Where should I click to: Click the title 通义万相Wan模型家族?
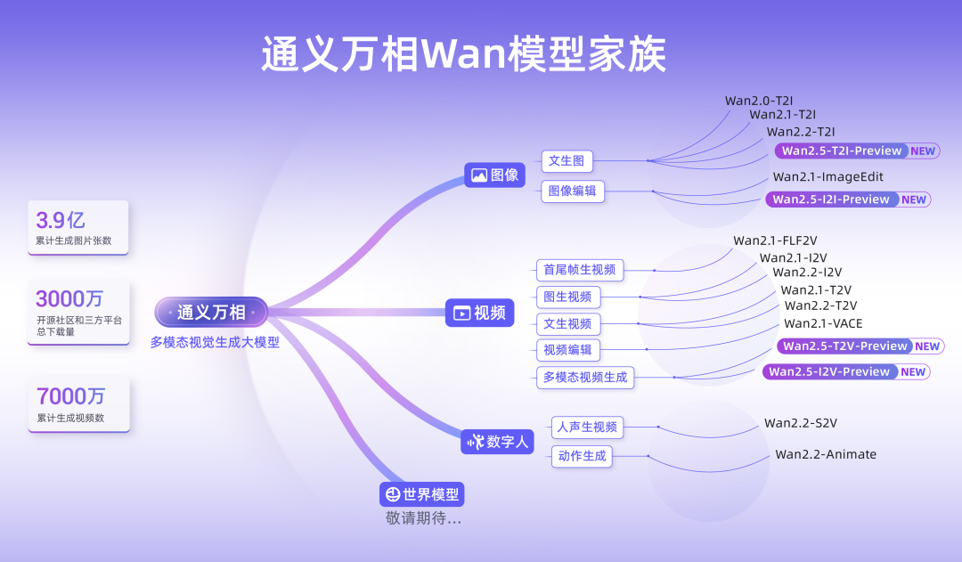463,55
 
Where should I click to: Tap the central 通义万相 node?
210,312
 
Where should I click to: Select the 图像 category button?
494,175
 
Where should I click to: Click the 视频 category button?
479,313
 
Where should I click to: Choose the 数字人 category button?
497,441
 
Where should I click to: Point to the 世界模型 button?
422,494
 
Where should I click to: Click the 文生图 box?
567,161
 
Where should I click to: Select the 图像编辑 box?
572,191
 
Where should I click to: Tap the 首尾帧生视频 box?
579,270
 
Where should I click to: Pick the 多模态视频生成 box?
585,377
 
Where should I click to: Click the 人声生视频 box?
587,427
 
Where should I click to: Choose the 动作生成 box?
582,456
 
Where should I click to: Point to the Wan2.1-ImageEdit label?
827,177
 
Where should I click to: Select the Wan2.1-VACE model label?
823,323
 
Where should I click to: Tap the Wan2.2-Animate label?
826,454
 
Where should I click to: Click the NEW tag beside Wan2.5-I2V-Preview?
913,371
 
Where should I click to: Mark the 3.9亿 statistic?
61,220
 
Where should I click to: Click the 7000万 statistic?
70,396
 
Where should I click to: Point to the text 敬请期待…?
424,518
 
